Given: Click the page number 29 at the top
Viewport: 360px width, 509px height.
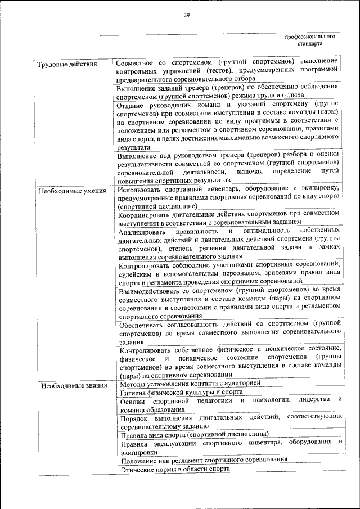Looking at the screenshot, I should (186, 15).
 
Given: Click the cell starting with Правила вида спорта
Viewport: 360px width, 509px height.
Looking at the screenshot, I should (195, 434).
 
